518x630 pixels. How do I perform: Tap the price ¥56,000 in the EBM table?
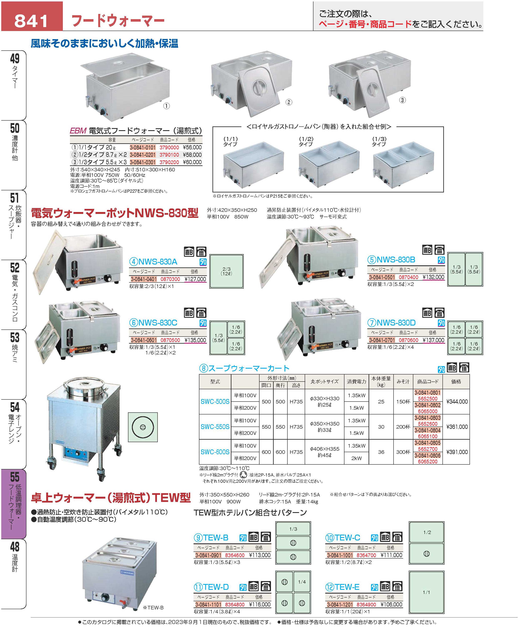click(x=192, y=147)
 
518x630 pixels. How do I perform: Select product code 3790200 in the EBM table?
click(x=169, y=162)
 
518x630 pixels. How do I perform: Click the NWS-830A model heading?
click(x=153, y=262)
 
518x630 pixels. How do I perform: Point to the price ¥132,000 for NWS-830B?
click(x=433, y=277)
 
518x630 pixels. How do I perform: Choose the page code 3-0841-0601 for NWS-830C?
click(x=144, y=340)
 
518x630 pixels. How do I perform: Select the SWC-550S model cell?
click(x=215, y=427)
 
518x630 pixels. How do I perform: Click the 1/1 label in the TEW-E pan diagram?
click(x=426, y=592)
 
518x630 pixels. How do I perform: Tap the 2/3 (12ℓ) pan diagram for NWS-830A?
click(x=226, y=271)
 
